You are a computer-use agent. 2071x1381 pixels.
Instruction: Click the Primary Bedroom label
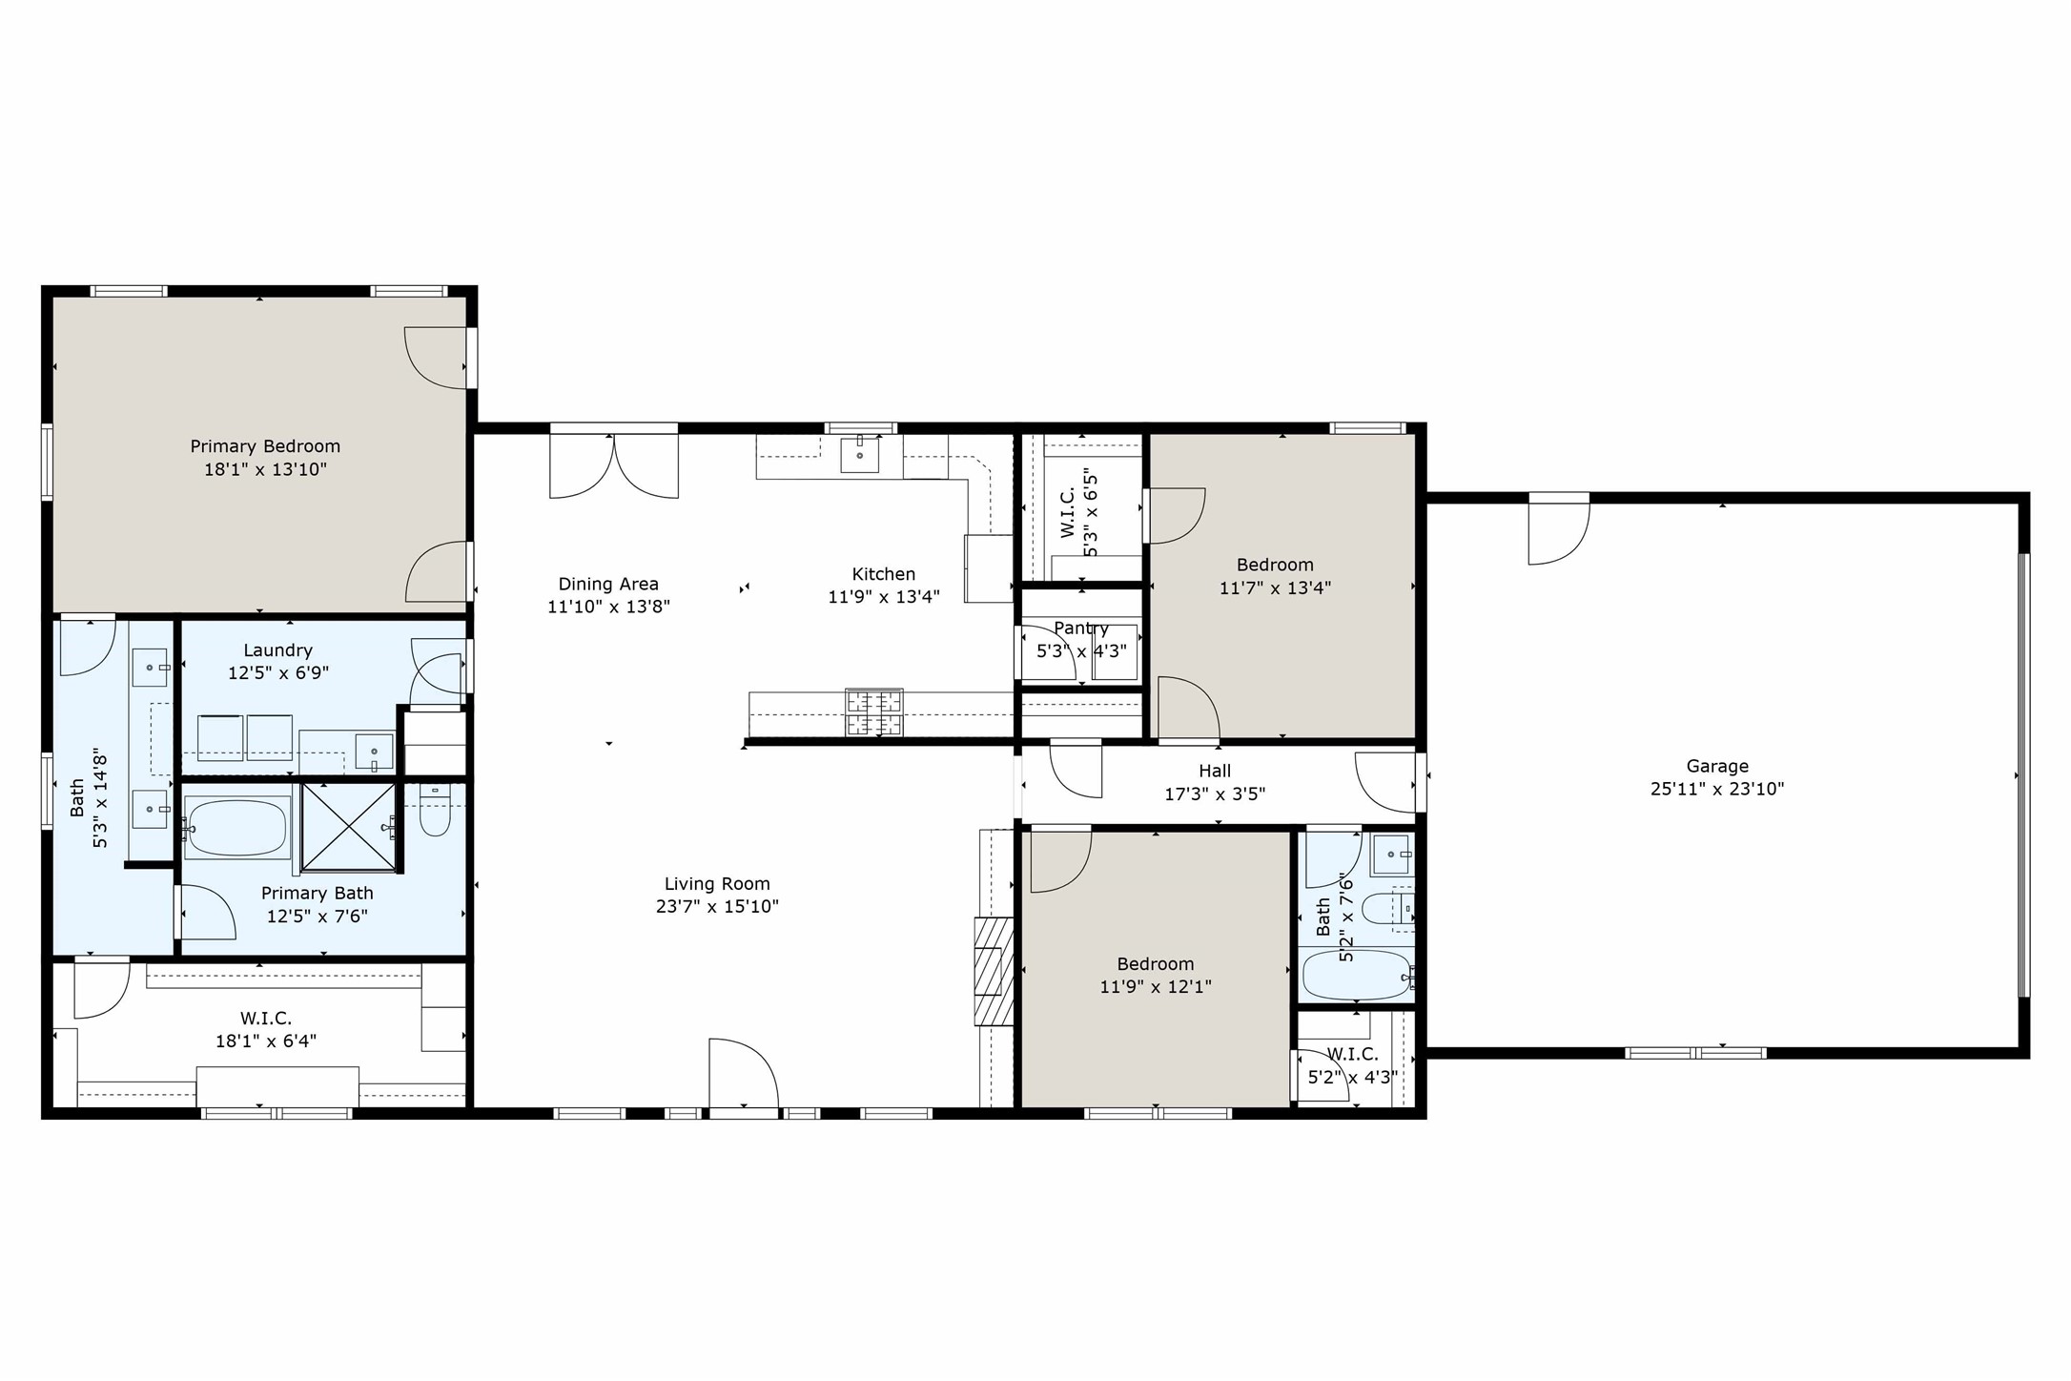[x=265, y=446]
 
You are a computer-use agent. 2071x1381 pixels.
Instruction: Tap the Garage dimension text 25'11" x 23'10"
[x=1716, y=790]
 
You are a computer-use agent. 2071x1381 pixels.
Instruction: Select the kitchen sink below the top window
[x=859, y=455]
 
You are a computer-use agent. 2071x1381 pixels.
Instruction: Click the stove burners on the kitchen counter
[x=874, y=712]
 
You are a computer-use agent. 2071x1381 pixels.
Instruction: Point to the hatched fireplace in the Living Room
[x=993, y=971]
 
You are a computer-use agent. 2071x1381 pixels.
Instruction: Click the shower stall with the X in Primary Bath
[x=349, y=827]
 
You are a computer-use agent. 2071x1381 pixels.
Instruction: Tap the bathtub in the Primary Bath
[x=236, y=828]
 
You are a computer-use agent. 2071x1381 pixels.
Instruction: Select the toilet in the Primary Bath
[x=435, y=811]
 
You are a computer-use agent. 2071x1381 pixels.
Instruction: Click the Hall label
[x=1215, y=771]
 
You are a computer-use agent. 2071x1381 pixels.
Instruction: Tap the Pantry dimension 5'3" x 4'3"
[x=1081, y=651]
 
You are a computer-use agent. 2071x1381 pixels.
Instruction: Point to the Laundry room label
[x=277, y=650]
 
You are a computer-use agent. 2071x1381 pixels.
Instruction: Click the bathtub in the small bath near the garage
[x=1356, y=975]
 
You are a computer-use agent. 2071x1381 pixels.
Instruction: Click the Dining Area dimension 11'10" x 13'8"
[x=608, y=608]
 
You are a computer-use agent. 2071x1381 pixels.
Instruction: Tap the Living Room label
[x=717, y=884]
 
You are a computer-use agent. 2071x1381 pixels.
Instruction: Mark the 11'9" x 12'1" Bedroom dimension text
[x=1155, y=987]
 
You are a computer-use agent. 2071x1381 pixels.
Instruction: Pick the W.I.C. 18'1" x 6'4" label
[x=266, y=1019]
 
